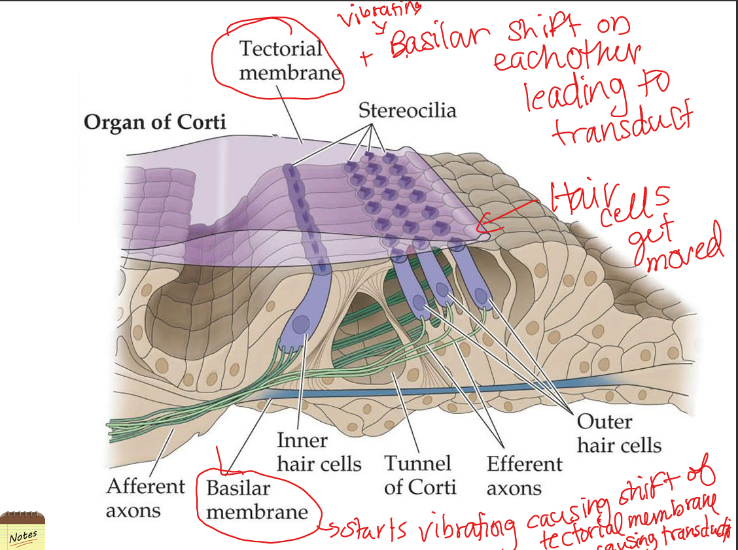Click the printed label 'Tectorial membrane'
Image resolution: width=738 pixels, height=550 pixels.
click(x=281, y=60)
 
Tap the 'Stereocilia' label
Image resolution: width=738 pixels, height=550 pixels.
click(x=407, y=111)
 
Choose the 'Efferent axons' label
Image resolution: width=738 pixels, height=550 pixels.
click(x=524, y=475)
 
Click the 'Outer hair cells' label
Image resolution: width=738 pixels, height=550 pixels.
click(x=618, y=434)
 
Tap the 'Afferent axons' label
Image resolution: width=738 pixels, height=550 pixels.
click(x=146, y=498)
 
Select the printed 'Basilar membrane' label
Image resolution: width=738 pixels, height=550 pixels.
click(x=256, y=500)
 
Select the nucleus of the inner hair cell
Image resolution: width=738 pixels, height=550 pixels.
click(x=302, y=325)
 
